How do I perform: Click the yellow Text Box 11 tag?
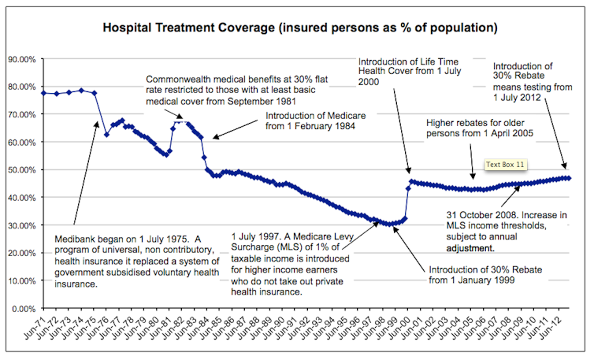(x=506, y=165)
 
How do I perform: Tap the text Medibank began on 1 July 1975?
(x=114, y=239)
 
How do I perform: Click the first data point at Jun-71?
(x=43, y=93)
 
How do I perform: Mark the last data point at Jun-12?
(x=569, y=178)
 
